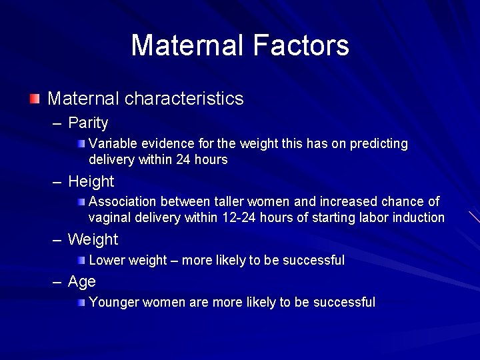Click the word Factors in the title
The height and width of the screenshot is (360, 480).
click(x=301, y=45)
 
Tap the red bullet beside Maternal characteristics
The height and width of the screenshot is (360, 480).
click(x=35, y=99)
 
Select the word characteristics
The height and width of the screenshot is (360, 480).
click(x=184, y=99)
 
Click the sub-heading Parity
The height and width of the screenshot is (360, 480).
click(x=88, y=123)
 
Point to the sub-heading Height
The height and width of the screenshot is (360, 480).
click(x=91, y=181)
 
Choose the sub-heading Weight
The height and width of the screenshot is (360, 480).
click(x=93, y=239)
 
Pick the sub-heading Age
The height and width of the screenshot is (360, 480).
click(x=82, y=282)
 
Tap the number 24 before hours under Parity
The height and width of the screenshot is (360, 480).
click(x=183, y=160)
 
